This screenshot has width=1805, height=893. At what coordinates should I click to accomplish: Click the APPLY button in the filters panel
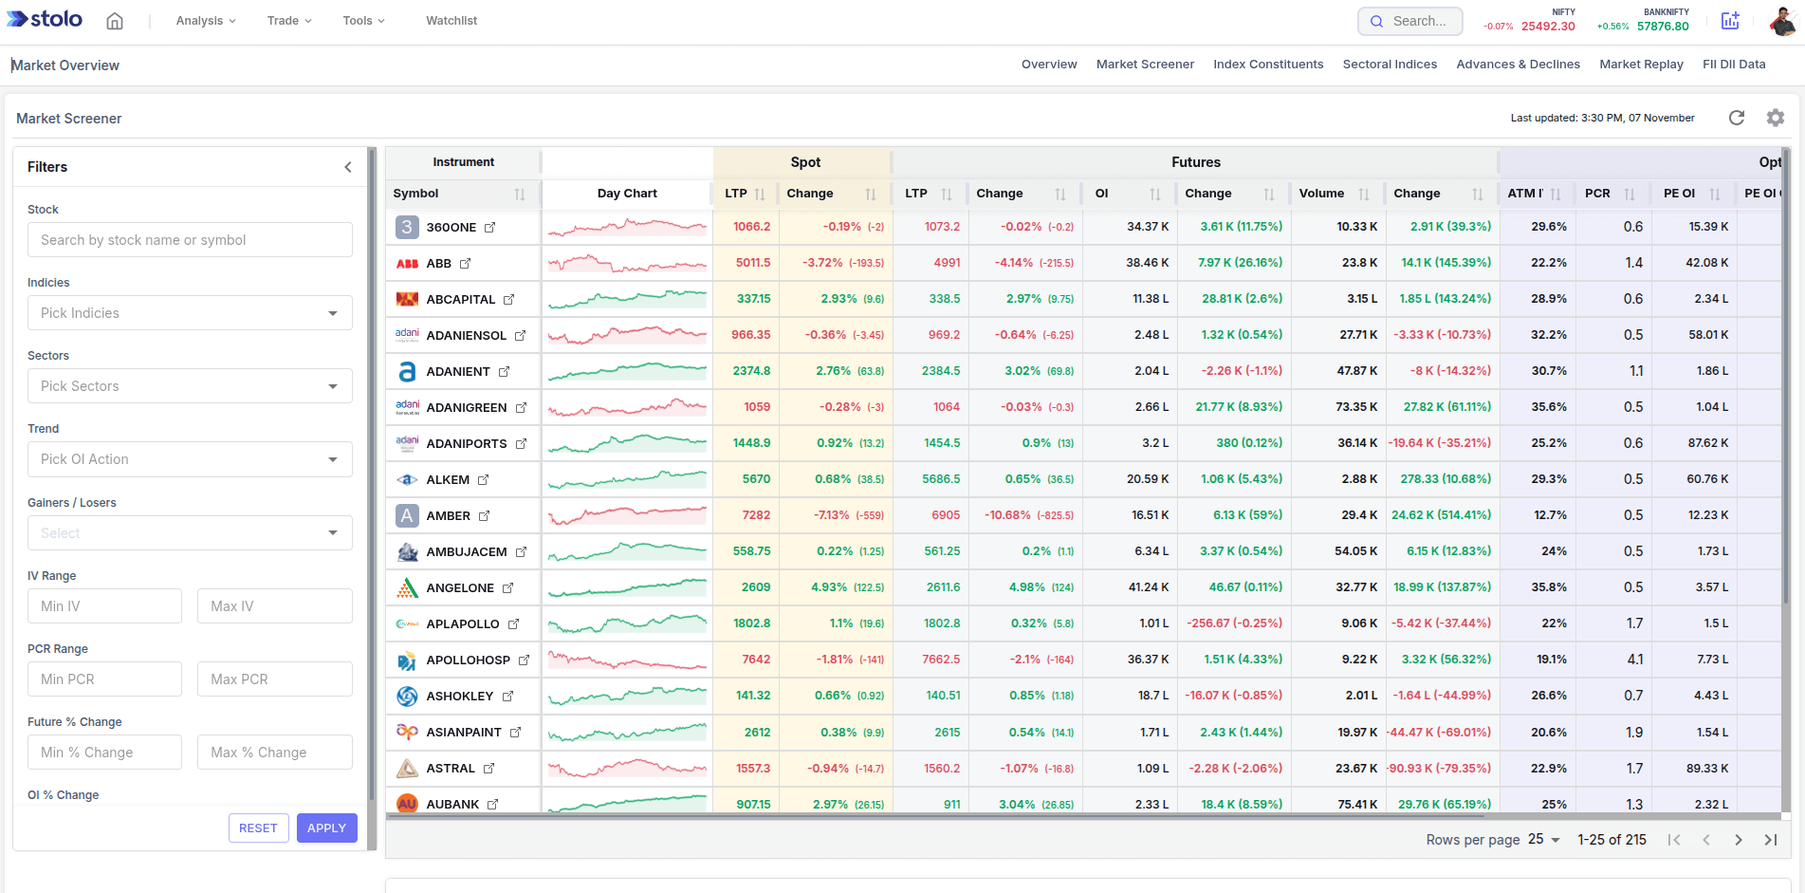[x=326, y=828]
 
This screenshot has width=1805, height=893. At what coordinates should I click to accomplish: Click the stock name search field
[x=190, y=240]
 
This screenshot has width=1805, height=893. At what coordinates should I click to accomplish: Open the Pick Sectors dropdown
[x=190, y=386]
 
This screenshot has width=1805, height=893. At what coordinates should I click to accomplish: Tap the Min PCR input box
[x=104, y=679]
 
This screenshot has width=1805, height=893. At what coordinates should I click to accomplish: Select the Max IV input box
[x=274, y=606]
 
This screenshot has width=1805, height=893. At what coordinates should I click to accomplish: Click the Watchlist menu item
[x=451, y=21]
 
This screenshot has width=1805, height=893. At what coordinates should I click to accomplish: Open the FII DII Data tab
[x=1734, y=65]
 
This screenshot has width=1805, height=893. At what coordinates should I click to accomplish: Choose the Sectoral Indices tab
[x=1390, y=65]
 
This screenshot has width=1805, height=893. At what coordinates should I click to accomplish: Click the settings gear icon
[x=1776, y=118]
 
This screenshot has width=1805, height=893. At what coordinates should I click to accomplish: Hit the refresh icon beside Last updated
[x=1737, y=118]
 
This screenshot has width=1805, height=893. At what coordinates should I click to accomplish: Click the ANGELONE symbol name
[x=460, y=588]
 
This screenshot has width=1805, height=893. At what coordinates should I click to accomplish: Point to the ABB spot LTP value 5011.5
[x=753, y=263]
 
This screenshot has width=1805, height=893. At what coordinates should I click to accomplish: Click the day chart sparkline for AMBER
[x=627, y=515]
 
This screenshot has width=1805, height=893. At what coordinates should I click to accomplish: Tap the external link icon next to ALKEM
[x=484, y=480]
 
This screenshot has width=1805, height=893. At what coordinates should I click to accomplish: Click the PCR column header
[x=1597, y=194]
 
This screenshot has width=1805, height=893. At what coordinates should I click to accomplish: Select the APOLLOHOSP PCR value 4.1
[x=1635, y=660]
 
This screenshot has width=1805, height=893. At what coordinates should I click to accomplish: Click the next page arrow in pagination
[x=1739, y=840]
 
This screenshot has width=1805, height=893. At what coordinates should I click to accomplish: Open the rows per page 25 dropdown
[x=1543, y=840]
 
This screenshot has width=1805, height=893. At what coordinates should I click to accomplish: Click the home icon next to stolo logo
[x=115, y=21]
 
